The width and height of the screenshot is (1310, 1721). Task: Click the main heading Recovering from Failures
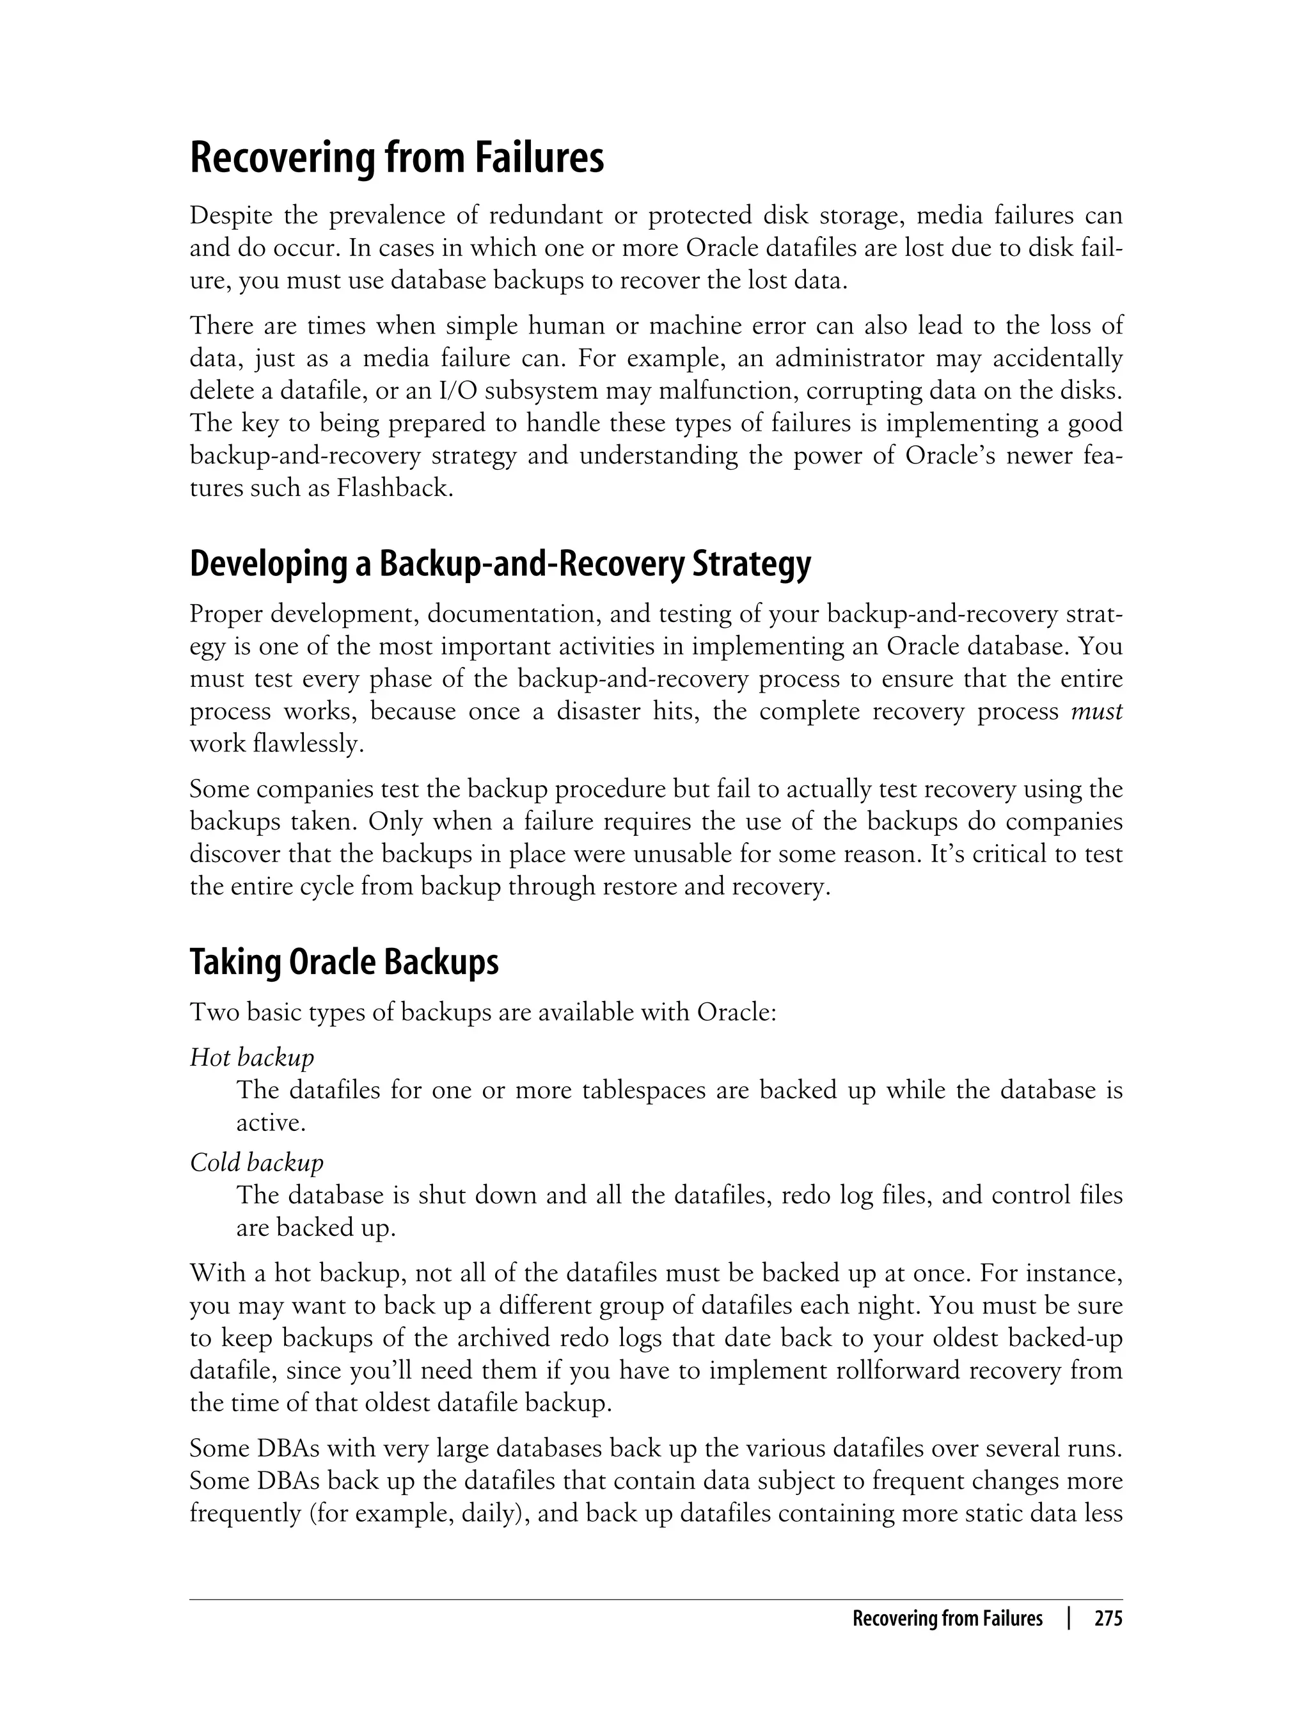(397, 158)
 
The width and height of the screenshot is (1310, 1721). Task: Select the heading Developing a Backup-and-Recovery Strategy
(500, 564)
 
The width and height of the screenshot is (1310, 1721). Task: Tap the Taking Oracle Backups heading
(344, 962)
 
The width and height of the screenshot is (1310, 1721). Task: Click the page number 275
(1108, 1619)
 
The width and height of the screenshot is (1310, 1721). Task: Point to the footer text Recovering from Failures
(947, 1619)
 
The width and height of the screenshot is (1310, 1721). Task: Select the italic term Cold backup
(256, 1162)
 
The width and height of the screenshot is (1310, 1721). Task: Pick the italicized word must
(1096, 712)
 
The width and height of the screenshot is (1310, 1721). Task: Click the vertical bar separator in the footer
(1068, 1619)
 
